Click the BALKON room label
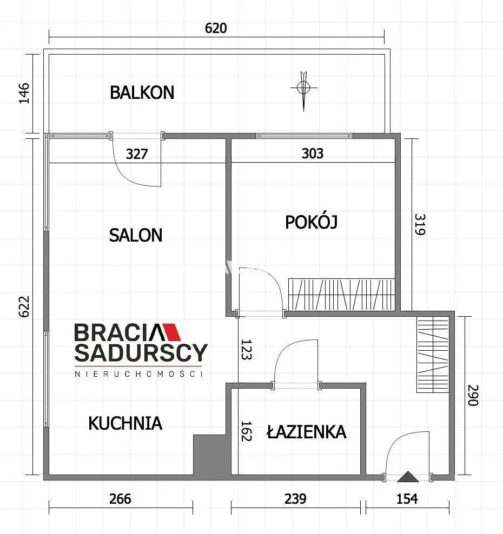tap(142, 92)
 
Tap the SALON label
tap(136, 235)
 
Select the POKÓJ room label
tap(311, 222)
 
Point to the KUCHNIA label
tap(125, 423)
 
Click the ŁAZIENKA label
tap(306, 431)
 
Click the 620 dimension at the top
tap(216, 28)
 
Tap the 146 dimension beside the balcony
tap(24, 93)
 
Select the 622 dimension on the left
tap(24, 306)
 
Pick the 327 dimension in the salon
tap(137, 154)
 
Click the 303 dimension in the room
tap(313, 153)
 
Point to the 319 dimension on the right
tap(420, 224)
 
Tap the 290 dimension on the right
tap(473, 395)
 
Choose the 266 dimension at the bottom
tap(120, 499)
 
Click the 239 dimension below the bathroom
tap(295, 499)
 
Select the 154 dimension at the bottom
tap(407, 499)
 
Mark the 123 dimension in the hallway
tap(246, 349)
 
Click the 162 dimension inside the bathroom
tap(246, 431)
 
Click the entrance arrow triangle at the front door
tap(408, 477)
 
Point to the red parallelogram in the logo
tap(173, 332)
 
